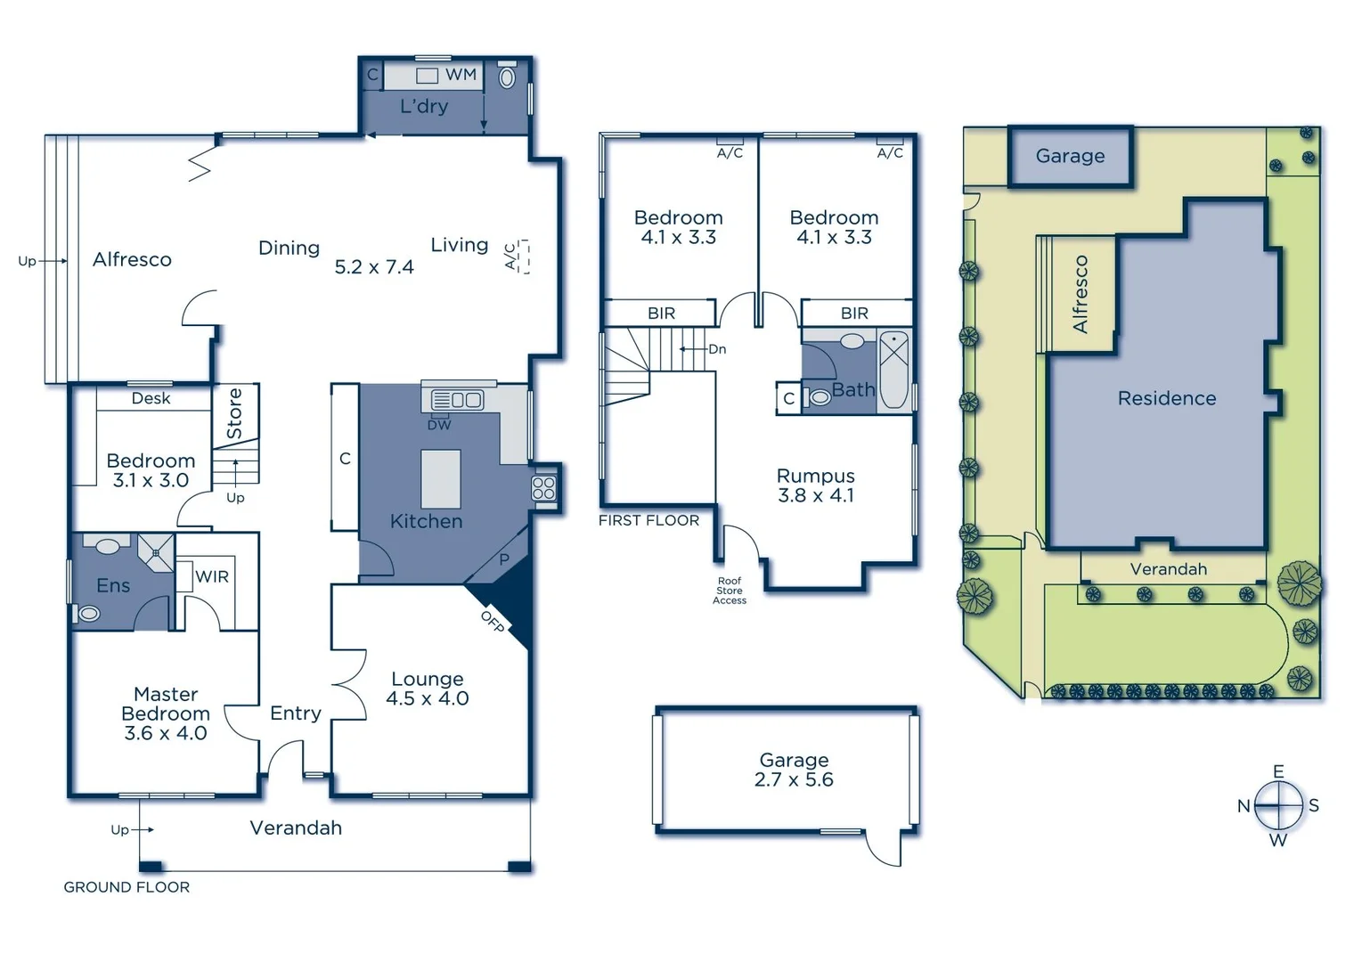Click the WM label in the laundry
pyautogui.click(x=461, y=75)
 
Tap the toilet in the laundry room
pyautogui.click(x=507, y=77)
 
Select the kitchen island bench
pyautogui.click(x=441, y=478)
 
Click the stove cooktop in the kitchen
pyautogui.click(x=543, y=488)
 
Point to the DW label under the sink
pyautogui.click(x=439, y=425)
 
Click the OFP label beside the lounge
pyautogui.click(x=493, y=622)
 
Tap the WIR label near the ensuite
pyautogui.click(x=212, y=576)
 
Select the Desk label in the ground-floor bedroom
pyautogui.click(x=151, y=398)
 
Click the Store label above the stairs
pyautogui.click(x=235, y=412)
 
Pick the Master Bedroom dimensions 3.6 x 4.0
pyautogui.click(x=166, y=733)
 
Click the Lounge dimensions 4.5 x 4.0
pyautogui.click(x=427, y=698)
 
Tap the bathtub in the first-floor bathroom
pyautogui.click(x=893, y=370)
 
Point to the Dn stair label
pyautogui.click(x=717, y=349)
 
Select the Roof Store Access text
pyautogui.click(x=730, y=591)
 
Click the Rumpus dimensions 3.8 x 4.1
pyautogui.click(x=816, y=495)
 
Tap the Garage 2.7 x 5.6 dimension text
pyautogui.click(x=794, y=779)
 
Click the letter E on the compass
pyautogui.click(x=1278, y=771)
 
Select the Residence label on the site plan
pyautogui.click(x=1166, y=398)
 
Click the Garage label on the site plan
pyautogui.click(x=1070, y=156)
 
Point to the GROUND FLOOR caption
pyautogui.click(x=126, y=887)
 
